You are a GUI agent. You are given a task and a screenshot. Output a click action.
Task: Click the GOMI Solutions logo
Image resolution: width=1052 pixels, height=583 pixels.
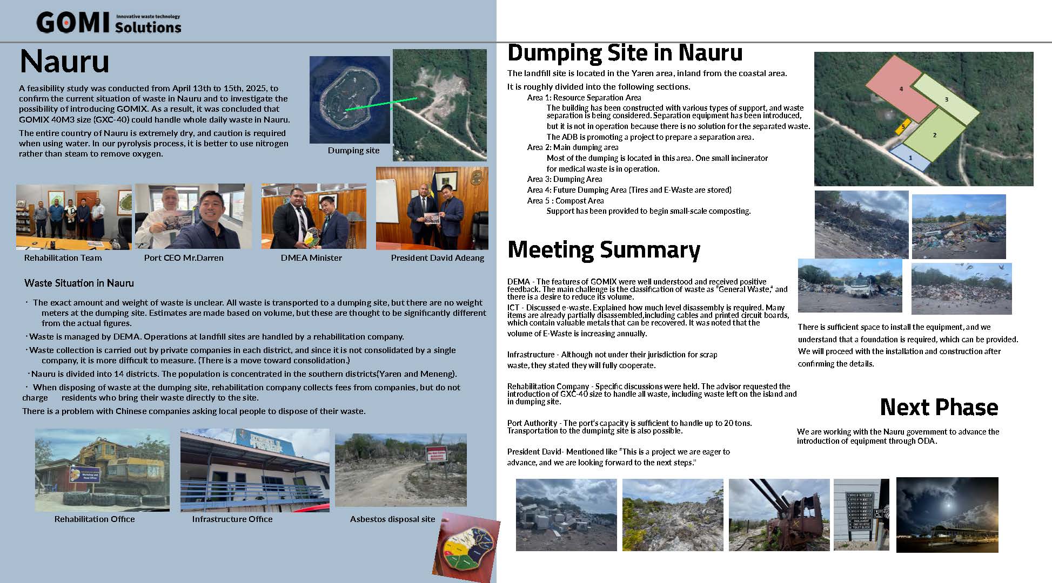tap(109, 23)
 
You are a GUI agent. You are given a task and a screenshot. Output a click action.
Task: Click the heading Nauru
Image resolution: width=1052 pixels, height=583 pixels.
tap(64, 61)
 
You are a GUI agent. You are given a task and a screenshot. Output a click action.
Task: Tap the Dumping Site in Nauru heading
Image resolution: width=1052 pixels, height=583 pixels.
tap(625, 53)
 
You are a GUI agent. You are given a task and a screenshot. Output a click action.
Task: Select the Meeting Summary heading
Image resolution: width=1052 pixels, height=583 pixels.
tap(604, 249)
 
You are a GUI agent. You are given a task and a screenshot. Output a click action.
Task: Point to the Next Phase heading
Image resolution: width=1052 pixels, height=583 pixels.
tap(939, 407)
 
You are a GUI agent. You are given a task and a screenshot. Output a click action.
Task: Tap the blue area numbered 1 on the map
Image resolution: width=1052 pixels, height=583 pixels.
tap(910, 157)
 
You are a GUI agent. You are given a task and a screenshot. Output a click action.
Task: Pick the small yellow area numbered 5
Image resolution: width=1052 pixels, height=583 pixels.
tap(901, 127)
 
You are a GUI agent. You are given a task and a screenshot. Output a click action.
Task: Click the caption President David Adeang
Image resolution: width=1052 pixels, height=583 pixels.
tap(437, 258)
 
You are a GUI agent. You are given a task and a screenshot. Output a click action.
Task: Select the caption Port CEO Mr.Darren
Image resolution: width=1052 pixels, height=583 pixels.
tap(184, 258)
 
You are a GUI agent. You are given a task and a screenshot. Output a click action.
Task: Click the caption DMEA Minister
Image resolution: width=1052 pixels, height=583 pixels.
tap(311, 258)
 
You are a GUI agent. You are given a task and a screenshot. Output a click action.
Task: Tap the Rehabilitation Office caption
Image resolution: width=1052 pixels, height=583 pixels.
tap(95, 519)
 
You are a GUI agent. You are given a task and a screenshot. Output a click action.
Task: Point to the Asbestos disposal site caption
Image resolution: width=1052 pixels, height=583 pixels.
tap(392, 519)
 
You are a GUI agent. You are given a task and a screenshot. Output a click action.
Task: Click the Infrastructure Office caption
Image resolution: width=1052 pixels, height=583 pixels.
tap(232, 519)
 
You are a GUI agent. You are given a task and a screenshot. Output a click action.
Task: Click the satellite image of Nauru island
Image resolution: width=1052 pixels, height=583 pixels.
tap(350, 100)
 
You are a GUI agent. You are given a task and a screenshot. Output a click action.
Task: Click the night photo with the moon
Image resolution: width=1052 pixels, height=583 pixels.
tap(947, 514)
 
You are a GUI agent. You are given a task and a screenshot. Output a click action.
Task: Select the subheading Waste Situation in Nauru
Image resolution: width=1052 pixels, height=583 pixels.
tap(79, 283)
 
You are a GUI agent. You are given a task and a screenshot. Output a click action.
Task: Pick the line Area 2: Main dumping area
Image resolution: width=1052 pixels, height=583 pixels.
tap(573, 147)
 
